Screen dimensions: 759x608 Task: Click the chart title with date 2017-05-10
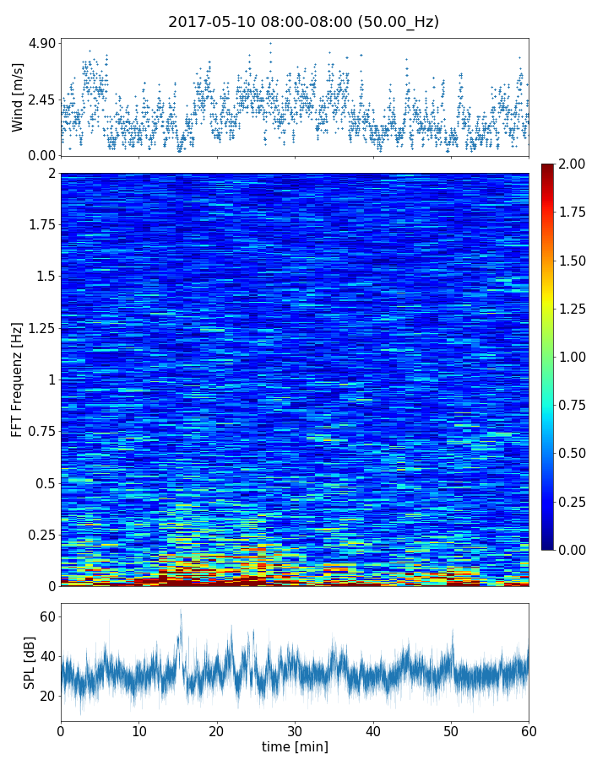point(303,22)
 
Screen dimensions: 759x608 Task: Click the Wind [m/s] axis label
point(18,96)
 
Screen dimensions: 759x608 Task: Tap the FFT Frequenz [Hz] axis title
point(18,379)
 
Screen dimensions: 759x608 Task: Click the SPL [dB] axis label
point(30,662)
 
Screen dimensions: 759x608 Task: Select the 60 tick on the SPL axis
point(47,617)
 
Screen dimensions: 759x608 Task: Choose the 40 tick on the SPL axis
point(47,656)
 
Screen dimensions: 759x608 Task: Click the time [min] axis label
point(295,746)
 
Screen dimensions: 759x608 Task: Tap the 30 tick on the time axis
point(295,730)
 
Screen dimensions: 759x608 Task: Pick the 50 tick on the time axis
point(451,730)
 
